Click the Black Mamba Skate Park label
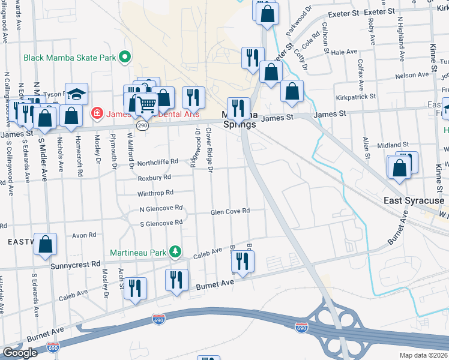[69, 58]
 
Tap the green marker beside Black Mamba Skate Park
[125, 58]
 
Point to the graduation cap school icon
[76, 94]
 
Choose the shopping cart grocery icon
[146, 104]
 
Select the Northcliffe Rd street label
[158, 161]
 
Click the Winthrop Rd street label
[155, 193]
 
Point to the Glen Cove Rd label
[229, 211]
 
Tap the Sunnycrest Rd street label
[75, 264]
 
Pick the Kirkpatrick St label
[356, 96]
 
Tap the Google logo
[20, 352]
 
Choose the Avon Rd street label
[84, 235]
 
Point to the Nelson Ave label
[412, 76]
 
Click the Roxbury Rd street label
[154, 178]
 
